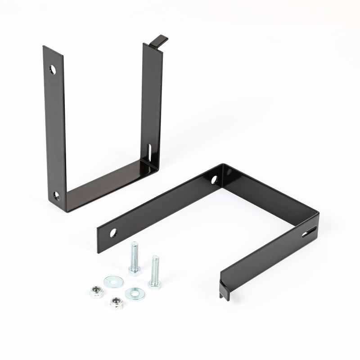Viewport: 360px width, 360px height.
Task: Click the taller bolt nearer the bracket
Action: point(134,258)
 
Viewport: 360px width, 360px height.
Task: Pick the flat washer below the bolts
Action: point(132,294)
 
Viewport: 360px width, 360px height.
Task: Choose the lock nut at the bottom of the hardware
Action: point(117,302)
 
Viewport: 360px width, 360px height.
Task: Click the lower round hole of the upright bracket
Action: point(57,195)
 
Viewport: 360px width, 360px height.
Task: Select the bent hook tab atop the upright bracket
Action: point(158,40)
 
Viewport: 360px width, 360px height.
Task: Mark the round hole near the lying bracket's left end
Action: point(112,233)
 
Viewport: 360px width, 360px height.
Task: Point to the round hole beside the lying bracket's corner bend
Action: point(214,180)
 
